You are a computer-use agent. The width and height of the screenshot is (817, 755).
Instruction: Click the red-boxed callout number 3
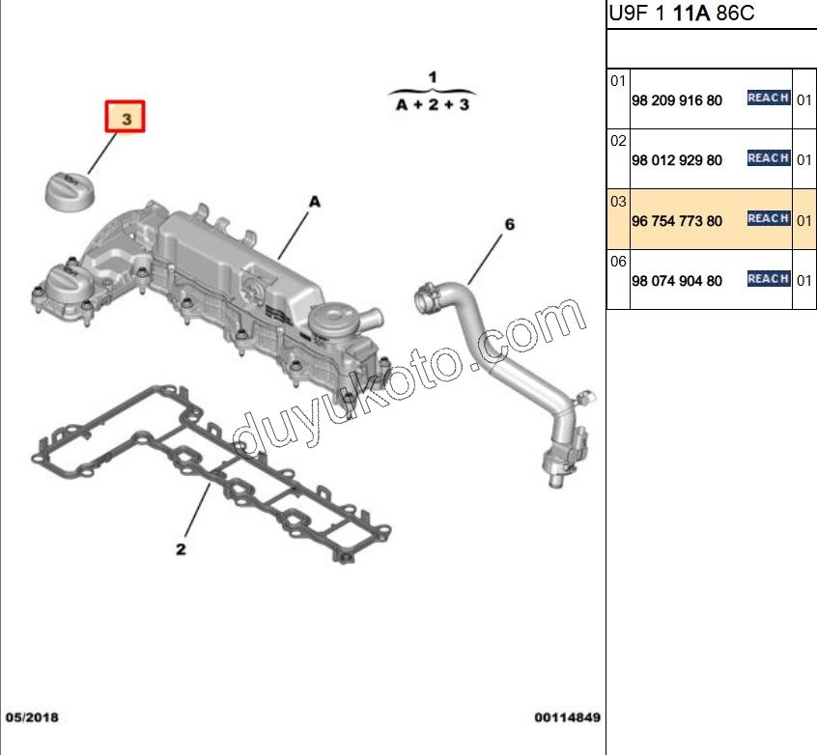[125, 117]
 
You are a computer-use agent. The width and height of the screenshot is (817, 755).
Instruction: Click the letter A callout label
[315, 202]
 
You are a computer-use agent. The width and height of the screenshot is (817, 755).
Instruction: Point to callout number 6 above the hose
[510, 225]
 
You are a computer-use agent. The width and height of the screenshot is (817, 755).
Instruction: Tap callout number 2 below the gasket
[181, 549]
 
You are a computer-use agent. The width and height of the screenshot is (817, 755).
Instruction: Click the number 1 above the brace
[433, 77]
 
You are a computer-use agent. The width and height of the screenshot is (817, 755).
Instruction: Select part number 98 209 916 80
[677, 100]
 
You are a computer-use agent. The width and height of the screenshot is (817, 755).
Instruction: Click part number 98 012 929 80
[677, 160]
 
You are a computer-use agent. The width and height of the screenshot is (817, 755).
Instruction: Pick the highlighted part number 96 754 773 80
[677, 221]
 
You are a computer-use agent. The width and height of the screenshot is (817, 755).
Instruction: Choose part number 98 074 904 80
[677, 281]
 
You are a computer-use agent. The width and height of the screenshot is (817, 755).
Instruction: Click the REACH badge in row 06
[769, 279]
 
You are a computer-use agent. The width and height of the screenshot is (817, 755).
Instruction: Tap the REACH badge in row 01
[769, 98]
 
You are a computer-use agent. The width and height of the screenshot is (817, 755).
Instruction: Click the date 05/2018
[32, 717]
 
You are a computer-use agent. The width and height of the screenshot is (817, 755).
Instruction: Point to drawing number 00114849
[568, 717]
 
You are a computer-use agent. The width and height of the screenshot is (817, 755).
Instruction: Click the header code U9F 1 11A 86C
[682, 13]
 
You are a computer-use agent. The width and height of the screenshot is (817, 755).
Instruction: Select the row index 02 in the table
[618, 141]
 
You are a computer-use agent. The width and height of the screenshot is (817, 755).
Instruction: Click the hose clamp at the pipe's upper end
[427, 294]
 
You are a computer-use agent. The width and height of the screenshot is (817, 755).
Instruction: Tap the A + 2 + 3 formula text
[433, 104]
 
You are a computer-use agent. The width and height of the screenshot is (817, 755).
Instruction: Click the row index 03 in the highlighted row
[618, 201]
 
